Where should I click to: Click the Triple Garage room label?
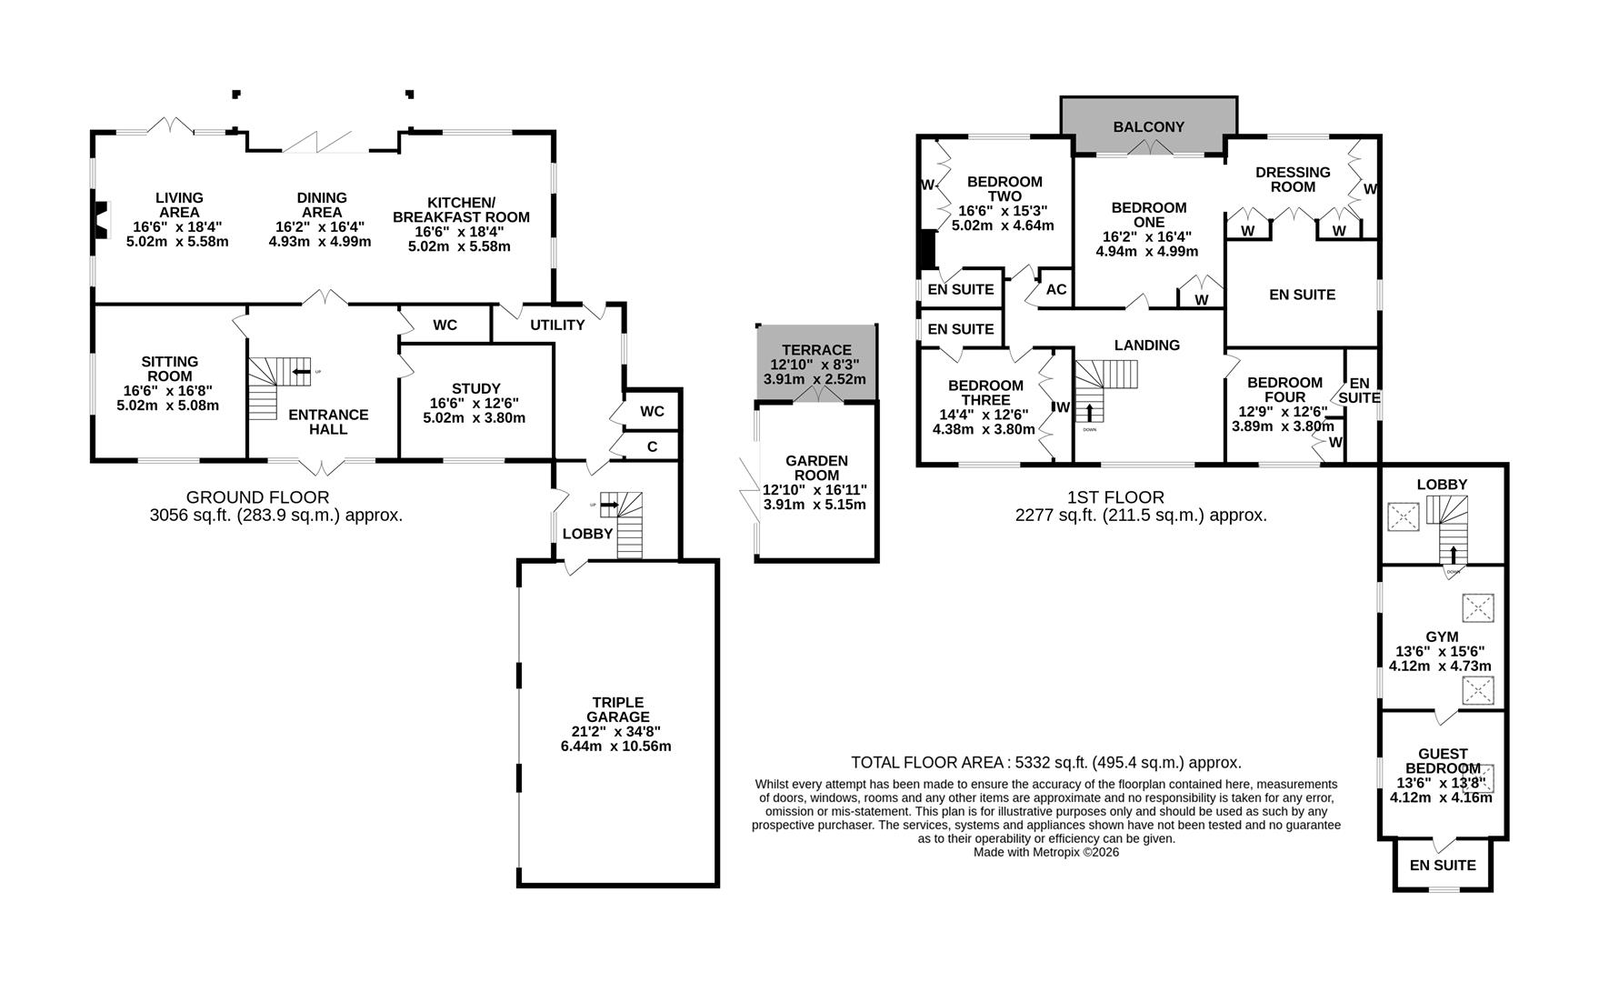[617, 709]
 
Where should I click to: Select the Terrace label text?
[816, 350]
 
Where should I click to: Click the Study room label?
[475, 388]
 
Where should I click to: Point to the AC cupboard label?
[1056, 289]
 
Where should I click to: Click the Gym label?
[1442, 636]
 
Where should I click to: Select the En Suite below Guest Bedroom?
[1443, 865]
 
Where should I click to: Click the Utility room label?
[557, 325]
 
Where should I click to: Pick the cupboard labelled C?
[652, 446]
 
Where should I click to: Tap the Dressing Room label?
[1293, 179]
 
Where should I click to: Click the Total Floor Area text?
[1045, 763]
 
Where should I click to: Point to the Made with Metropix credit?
[1045, 852]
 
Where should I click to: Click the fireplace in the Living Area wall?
[100, 219]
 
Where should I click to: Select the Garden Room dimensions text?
[815, 496]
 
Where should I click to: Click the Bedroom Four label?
[1284, 389]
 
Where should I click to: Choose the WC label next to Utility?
[445, 325]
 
